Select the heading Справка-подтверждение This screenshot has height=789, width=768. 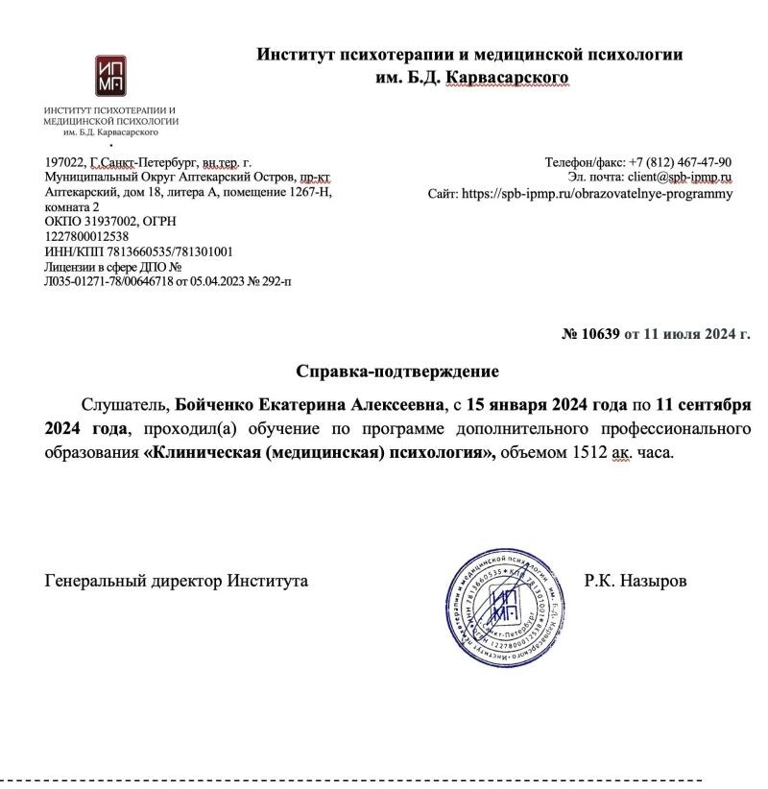pos(397,370)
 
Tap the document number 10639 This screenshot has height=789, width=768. pos(601,334)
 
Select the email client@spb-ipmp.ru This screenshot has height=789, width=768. pos(680,178)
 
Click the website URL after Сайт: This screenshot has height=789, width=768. pos(596,193)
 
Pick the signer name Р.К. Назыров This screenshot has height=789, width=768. pos(635,581)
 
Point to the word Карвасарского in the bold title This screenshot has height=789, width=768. pos(509,77)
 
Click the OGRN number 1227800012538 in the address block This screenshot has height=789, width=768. pos(87,236)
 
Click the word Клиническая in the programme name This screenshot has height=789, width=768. pos(203,450)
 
